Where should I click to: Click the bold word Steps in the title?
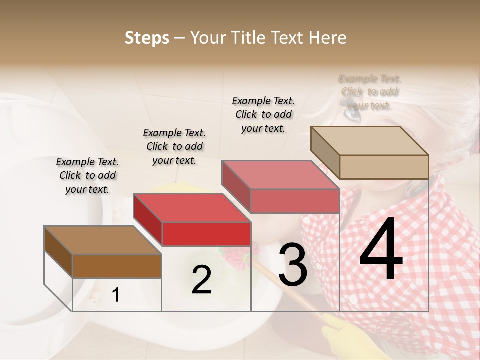[147, 38]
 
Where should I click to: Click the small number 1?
[116, 295]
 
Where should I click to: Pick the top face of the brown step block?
[102, 240]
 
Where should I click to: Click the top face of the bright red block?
[191, 207]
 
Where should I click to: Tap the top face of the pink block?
[280, 175]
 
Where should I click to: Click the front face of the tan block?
[384, 167]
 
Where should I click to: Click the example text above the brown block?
[87, 175]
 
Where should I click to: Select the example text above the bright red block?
[174, 146]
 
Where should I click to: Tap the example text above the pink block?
[263, 114]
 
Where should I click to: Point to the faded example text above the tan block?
[370, 92]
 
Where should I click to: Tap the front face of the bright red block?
[206, 234]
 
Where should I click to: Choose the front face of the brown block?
[117, 266]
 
